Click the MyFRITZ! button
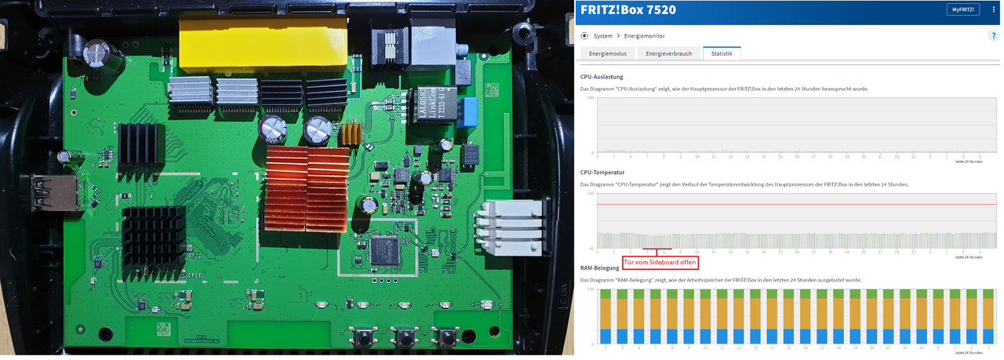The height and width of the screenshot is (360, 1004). pos(962,9)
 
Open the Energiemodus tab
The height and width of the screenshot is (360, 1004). pos(606,53)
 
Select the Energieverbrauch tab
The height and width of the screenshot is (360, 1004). pos(668,53)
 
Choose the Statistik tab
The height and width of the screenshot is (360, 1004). pos(722,53)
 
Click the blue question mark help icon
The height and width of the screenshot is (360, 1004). pos(994,36)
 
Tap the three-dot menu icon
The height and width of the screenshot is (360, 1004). pos(994,9)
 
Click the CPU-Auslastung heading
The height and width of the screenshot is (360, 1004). pos(602,77)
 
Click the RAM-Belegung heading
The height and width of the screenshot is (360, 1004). pos(599,267)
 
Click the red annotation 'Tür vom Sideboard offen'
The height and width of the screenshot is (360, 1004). pos(660,261)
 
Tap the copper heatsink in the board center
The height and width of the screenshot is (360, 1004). pos(307,188)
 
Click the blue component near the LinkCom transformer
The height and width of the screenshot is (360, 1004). pos(471,107)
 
